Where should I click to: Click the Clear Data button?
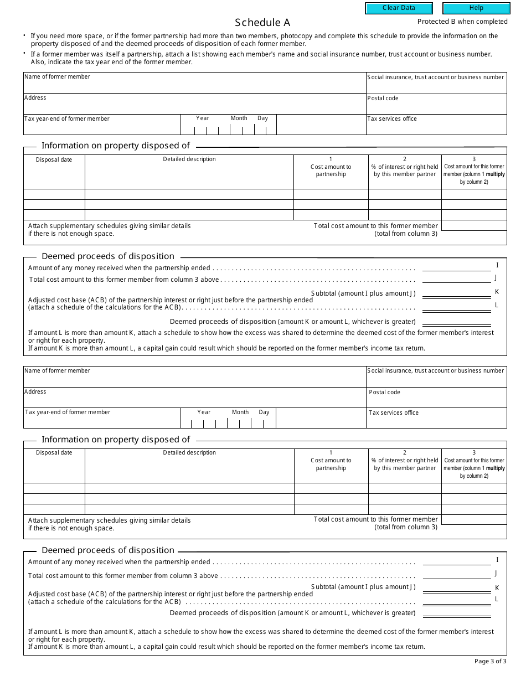coord(399,8)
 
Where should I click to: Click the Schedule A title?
coord(262,23)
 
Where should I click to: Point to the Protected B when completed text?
coord(462,22)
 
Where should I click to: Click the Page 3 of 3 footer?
coord(491,661)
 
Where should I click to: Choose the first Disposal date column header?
coord(54,159)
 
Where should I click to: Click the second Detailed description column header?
coord(189,453)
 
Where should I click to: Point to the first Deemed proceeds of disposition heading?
coord(108,256)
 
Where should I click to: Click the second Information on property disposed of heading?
coord(116,440)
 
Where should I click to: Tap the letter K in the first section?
coord(497,292)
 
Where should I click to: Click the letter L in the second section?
coord(497,599)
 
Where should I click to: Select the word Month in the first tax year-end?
coord(239,118)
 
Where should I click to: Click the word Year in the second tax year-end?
coord(204,412)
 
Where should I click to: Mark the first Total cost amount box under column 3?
coord(474,226)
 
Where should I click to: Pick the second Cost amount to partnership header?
coord(331,464)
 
